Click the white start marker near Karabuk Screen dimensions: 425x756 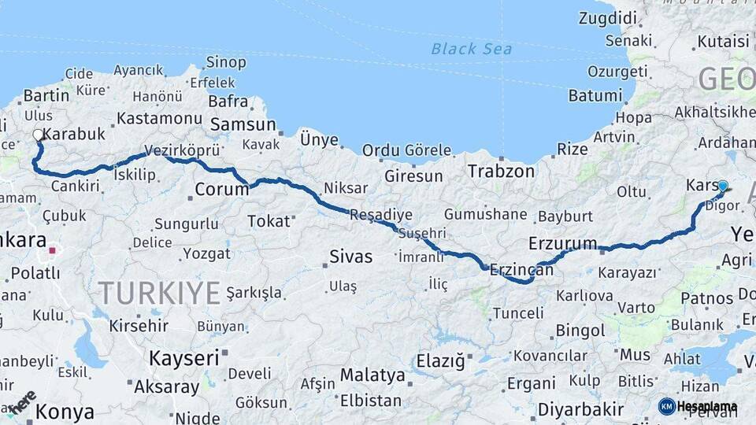click(x=38, y=135)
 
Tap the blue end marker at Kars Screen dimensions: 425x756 click(x=723, y=186)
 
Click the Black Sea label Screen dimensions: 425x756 click(x=471, y=49)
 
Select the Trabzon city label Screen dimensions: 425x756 click(x=501, y=171)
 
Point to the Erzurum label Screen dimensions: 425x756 click(x=563, y=242)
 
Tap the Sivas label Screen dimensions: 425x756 click(x=350, y=256)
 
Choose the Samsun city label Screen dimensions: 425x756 click(x=243, y=124)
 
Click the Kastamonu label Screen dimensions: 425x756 click(x=159, y=119)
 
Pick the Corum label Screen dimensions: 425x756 click(x=221, y=189)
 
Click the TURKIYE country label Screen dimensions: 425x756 click(x=160, y=293)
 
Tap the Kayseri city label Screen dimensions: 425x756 click(x=185, y=358)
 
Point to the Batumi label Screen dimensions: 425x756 click(x=595, y=95)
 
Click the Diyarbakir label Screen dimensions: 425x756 click(x=581, y=409)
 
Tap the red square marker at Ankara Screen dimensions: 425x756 click(x=53, y=251)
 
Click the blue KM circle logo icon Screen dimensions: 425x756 click(x=666, y=406)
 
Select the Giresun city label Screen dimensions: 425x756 click(x=414, y=176)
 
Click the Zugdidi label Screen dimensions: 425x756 click(x=608, y=17)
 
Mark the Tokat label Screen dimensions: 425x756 click(x=269, y=221)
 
